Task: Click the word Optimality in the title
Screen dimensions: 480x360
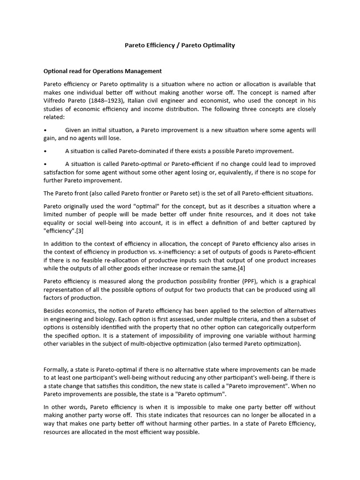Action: [216, 45]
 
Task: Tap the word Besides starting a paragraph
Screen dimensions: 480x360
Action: [55, 311]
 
